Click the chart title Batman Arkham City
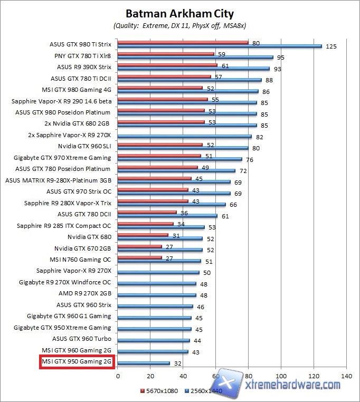click(179, 13)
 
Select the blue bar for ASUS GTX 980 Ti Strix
click(220, 46)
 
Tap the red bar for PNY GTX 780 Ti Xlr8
click(166, 54)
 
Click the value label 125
click(331, 46)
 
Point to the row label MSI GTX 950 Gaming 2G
click(77, 362)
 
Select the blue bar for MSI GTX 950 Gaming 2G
click(144, 363)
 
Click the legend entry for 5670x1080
click(160, 390)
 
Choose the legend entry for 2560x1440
click(204, 390)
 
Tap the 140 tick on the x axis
click(346, 376)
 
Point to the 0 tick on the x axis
click(118, 376)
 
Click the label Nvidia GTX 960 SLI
click(84, 146)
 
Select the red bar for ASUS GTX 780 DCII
click(147, 212)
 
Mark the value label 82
click(260, 136)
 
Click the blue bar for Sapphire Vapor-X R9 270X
click(158, 272)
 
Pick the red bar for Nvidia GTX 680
click(143, 235)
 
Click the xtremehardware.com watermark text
click(293, 385)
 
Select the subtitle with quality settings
click(179, 25)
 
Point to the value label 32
click(178, 363)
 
